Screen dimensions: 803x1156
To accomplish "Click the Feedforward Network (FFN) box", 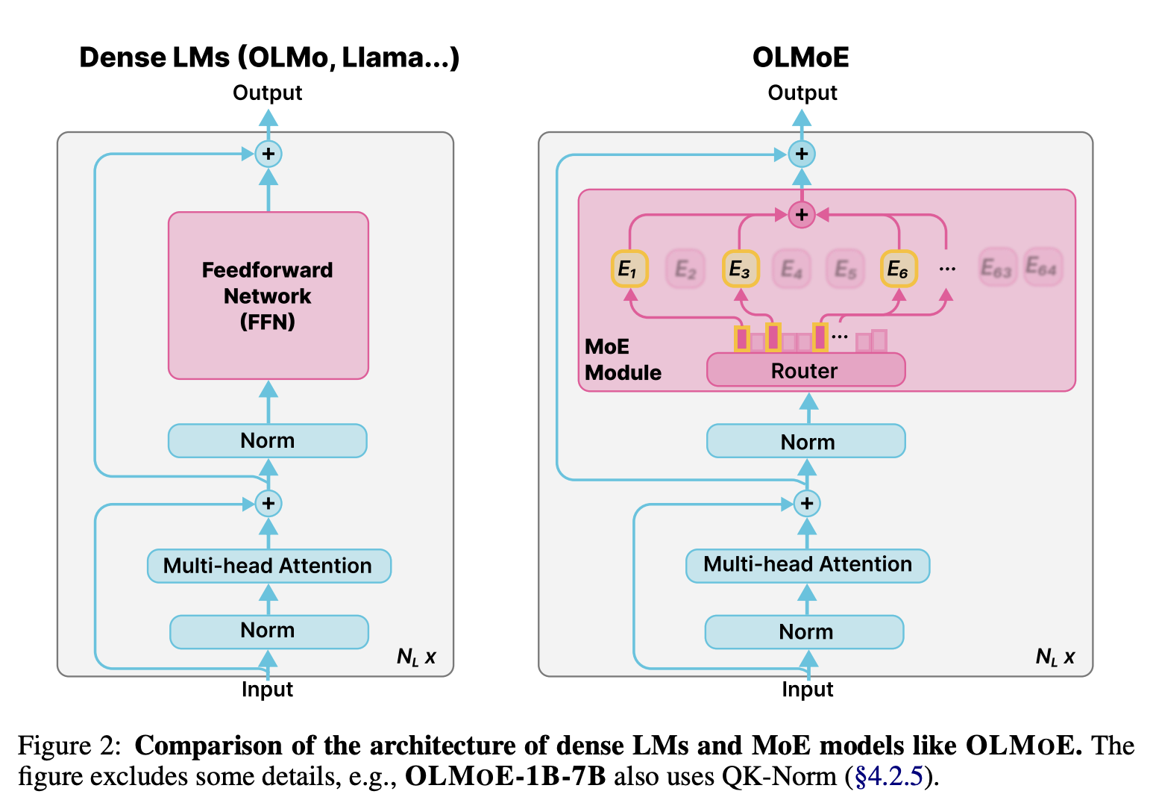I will point(268,296).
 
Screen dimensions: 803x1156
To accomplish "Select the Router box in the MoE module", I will point(805,371).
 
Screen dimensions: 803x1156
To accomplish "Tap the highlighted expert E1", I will point(629,269).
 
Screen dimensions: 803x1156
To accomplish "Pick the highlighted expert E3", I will point(740,269).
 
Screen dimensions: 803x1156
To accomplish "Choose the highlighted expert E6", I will point(898,269).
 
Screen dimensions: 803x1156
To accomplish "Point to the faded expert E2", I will point(685,269).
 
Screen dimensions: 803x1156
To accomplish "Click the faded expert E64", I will point(1041,266).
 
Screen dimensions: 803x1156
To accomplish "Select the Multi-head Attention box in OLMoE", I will point(807,565).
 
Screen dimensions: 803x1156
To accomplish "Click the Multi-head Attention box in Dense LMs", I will point(268,566).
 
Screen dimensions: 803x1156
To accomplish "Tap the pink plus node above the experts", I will point(802,215).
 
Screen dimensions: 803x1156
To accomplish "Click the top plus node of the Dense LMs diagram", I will point(268,154).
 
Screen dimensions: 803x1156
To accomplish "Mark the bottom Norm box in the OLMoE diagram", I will point(805,632).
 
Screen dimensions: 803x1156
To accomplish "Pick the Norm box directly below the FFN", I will point(267,441).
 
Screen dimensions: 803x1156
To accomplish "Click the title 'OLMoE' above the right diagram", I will point(800,57).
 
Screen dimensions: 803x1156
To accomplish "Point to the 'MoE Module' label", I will point(622,360).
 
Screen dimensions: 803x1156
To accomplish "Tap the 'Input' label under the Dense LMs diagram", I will point(267,690).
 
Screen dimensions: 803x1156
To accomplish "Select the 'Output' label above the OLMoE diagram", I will point(802,93).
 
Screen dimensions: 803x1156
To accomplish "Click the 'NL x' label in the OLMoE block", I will point(1055,657).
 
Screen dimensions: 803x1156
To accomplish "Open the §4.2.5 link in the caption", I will point(889,777).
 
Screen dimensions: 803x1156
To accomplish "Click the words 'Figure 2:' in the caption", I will point(69,746).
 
